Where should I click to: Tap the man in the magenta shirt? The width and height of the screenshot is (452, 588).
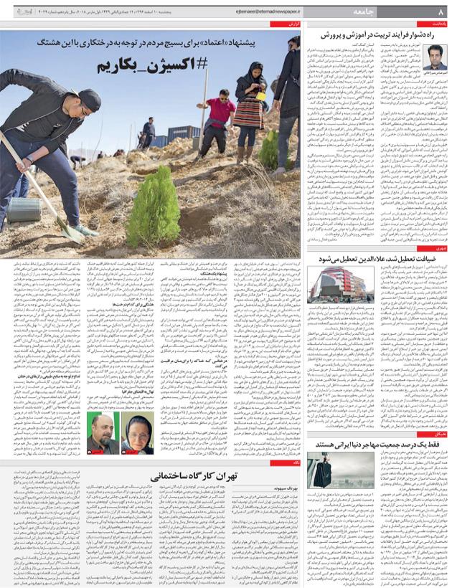[220, 114]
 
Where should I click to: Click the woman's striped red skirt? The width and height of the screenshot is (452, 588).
[250, 115]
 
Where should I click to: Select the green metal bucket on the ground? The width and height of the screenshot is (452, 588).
[24, 209]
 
